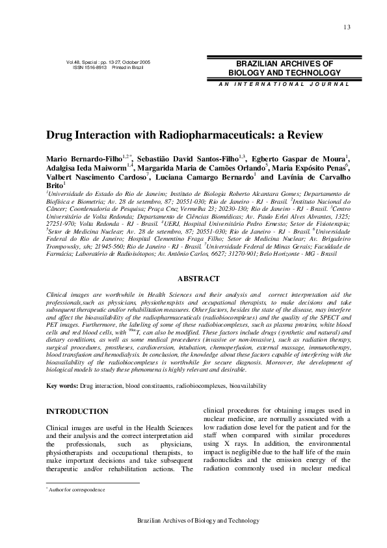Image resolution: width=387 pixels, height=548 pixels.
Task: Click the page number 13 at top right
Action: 347,27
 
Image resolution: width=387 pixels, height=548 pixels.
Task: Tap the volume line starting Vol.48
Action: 108,62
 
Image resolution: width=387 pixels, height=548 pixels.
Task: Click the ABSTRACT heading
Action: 198,279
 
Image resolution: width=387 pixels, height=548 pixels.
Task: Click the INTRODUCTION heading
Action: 77,411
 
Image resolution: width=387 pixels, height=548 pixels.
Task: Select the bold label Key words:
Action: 62,386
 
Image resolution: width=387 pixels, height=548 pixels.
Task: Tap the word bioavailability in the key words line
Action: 248,386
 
